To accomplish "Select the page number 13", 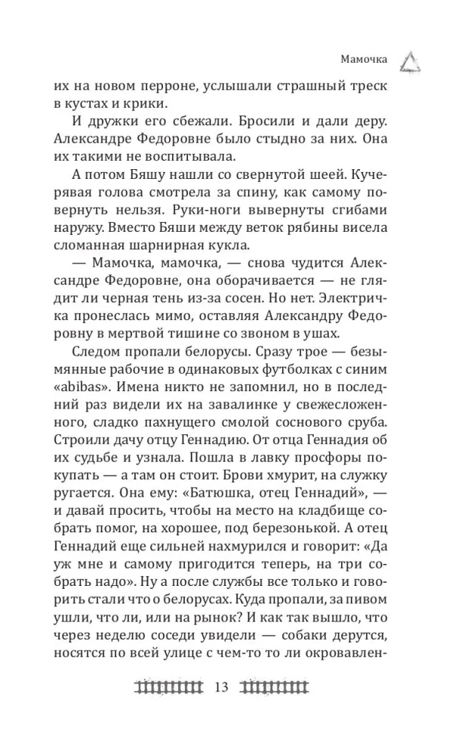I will coord(221,686).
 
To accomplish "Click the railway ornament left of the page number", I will coord(169,686).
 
